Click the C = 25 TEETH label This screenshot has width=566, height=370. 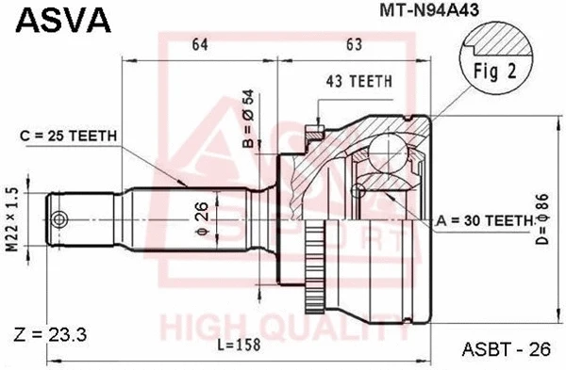click(x=69, y=136)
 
